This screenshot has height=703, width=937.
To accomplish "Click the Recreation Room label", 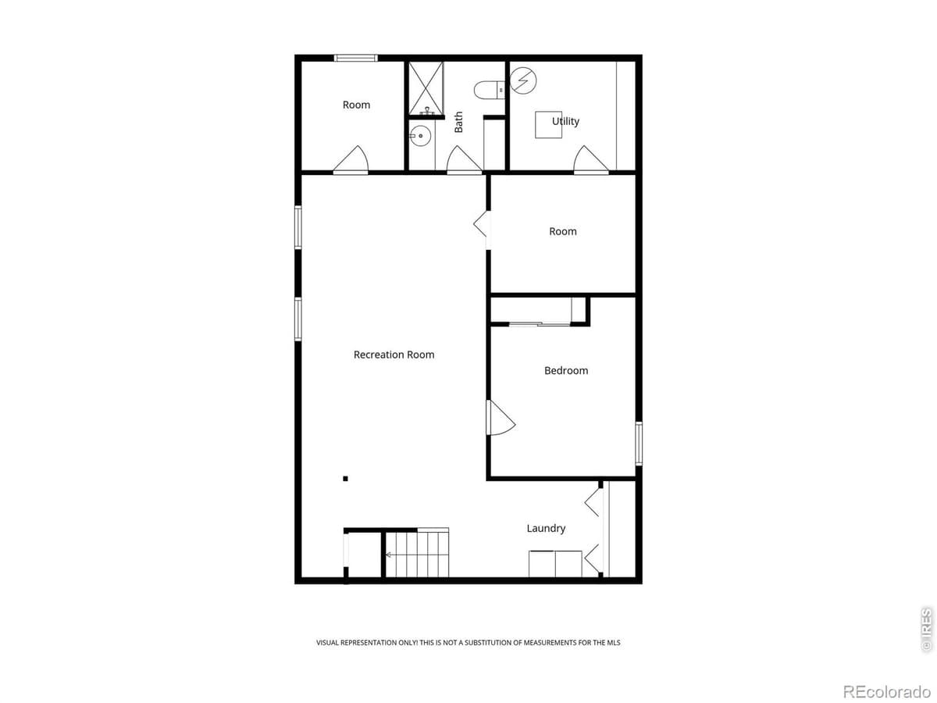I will tap(394, 355).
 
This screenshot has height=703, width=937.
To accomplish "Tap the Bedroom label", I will tap(566, 370).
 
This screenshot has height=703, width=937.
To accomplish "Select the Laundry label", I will tap(546, 529).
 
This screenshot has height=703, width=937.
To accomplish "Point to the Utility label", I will tap(565, 121).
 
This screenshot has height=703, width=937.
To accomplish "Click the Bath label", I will tap(458, 121).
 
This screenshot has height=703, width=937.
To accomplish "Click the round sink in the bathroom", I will tap(420, 136).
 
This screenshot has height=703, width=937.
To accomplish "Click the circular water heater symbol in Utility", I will tap(523, 79).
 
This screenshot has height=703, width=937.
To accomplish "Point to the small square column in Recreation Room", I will tap(345, 478).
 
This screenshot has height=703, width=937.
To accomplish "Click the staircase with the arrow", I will tap(418, 555).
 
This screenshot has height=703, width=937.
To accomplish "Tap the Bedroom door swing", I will tap(500, 418).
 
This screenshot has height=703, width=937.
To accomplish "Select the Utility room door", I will tap(590, 160).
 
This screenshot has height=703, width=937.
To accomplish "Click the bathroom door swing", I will tap(464, 160).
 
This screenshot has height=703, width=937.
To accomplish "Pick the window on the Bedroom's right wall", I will tap(638, 444).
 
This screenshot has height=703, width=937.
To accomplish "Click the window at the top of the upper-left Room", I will tap(356, 58).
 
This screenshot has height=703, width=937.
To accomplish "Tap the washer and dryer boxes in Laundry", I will tap(555, 563).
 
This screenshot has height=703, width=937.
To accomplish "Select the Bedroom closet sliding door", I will tap(539, 323).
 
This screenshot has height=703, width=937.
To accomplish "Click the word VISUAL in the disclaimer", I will tap(329, 643).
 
